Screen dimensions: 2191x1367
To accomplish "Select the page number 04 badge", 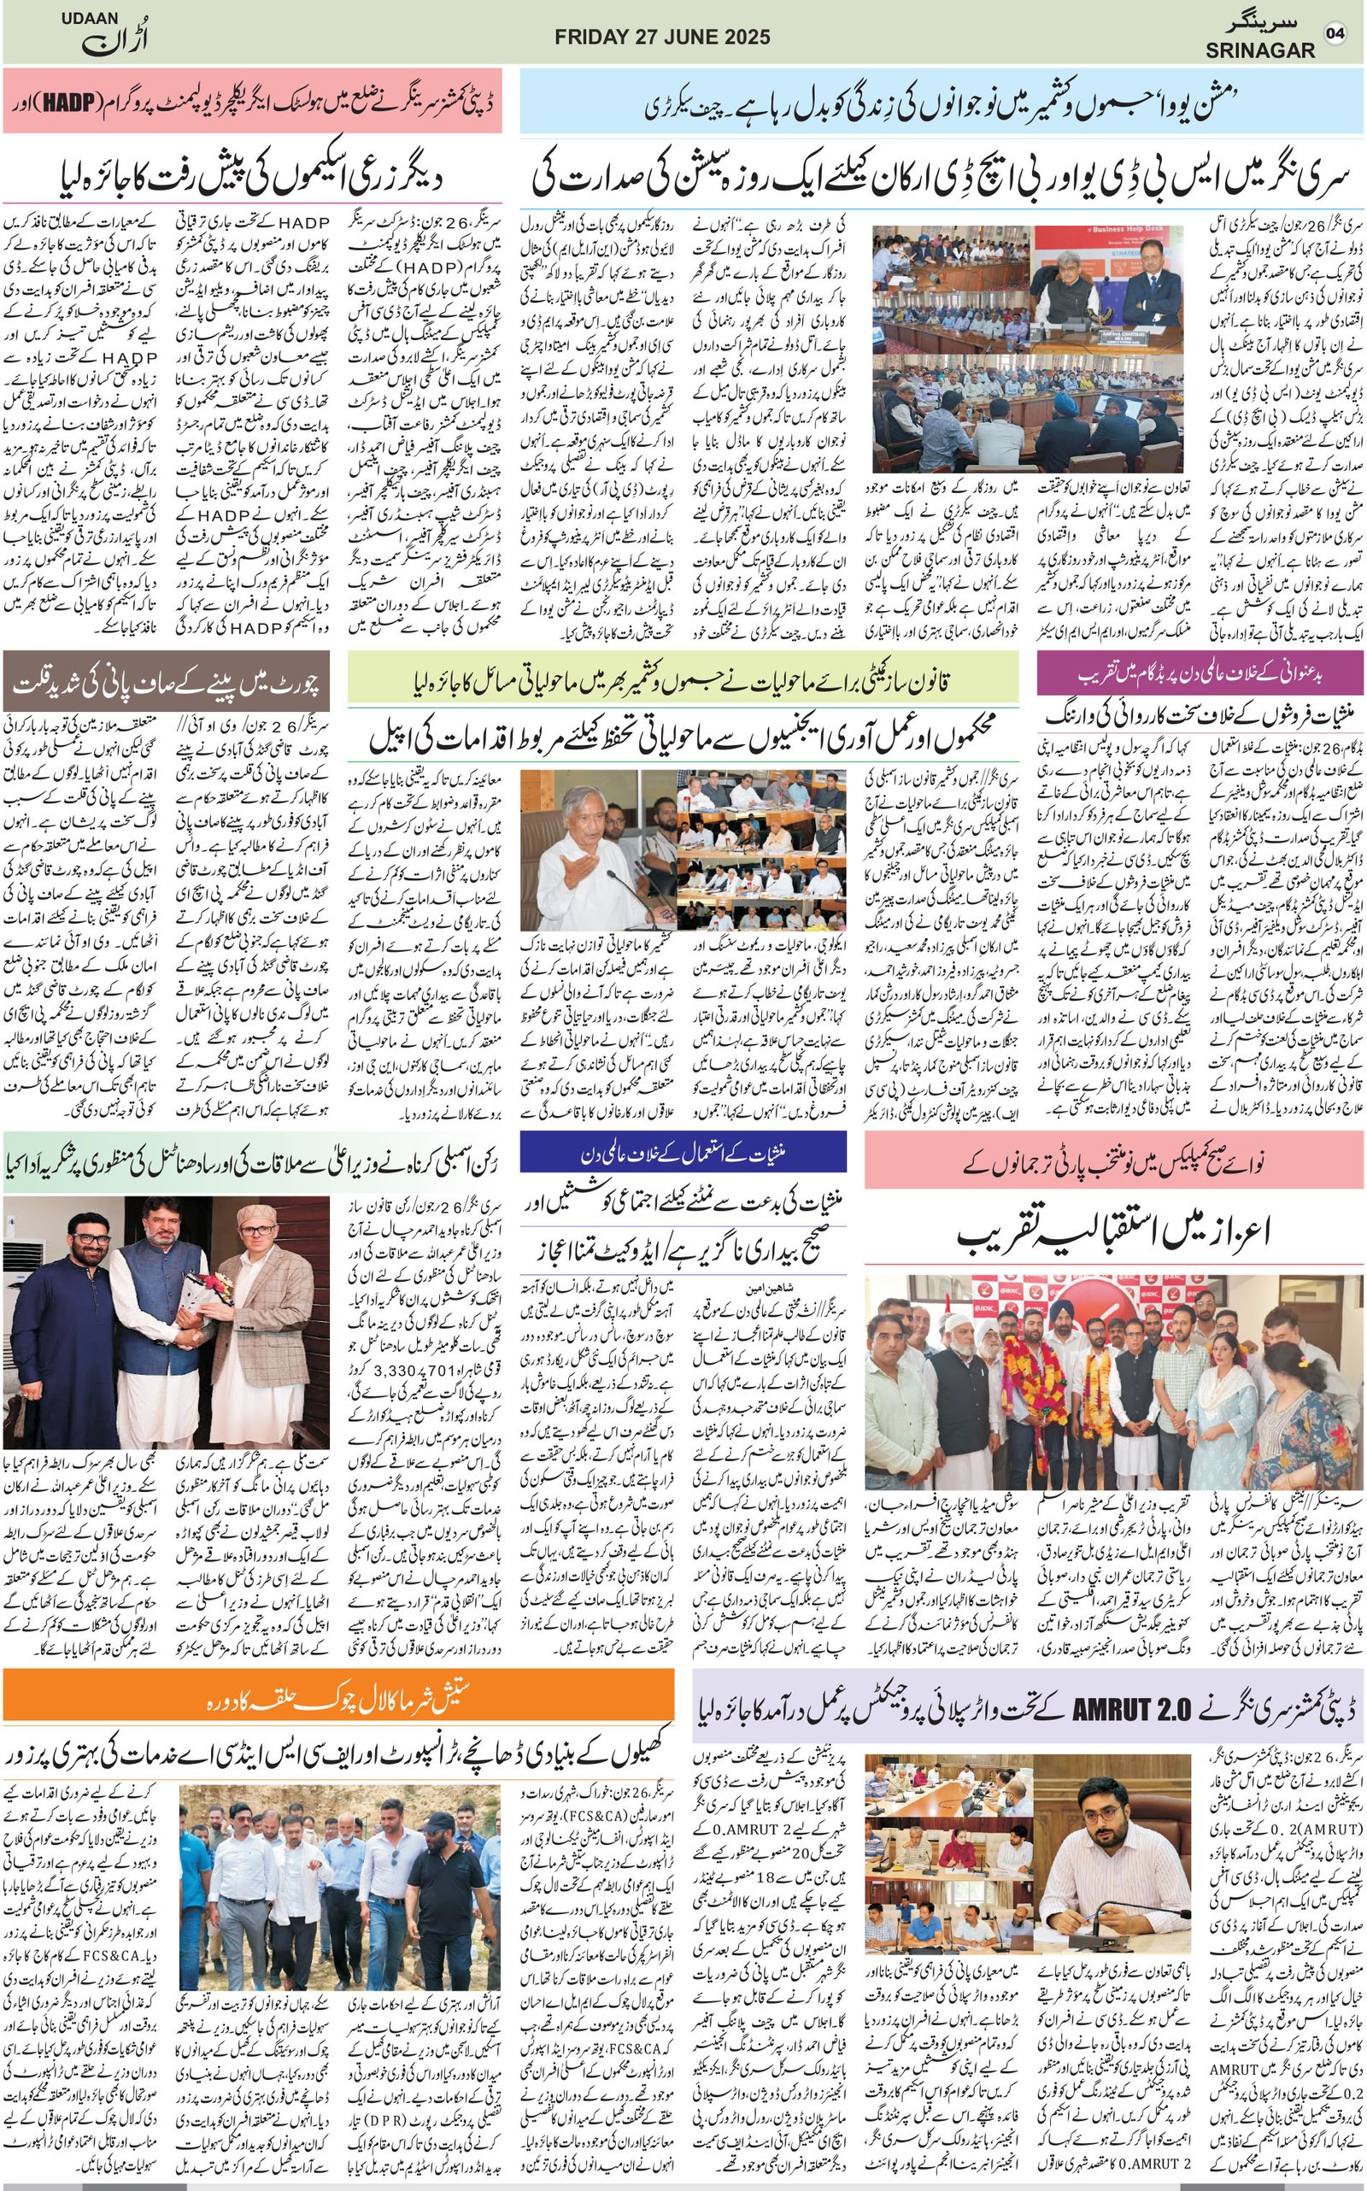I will [x=1335, y=33].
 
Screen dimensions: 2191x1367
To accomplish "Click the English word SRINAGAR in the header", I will [x=1259, y=51].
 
